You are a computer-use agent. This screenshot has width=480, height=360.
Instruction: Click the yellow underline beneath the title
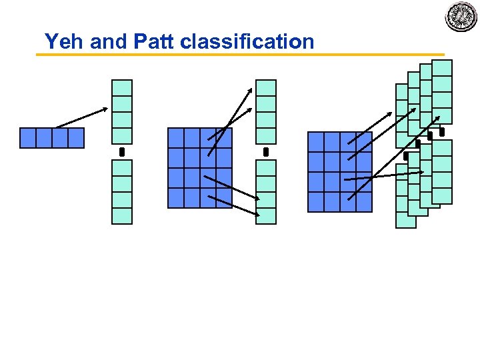pos(240,55)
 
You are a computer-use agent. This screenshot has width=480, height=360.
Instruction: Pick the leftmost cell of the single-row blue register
pos(27,138)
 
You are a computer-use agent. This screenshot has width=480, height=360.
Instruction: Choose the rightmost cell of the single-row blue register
pos(76,138)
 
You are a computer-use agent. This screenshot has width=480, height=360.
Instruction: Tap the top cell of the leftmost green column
pos(122,88)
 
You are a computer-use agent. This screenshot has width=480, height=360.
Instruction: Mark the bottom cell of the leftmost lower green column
pos(122,216)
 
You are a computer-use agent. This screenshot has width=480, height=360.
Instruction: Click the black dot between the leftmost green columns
pos(122,153)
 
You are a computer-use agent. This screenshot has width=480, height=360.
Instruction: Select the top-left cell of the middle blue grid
pos(175,138)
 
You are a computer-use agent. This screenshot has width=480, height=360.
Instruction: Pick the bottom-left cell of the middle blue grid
pos(175,198)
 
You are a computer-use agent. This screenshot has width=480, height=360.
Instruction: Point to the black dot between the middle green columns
pos(266,153)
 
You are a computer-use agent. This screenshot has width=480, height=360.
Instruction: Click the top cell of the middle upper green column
pos(266,88)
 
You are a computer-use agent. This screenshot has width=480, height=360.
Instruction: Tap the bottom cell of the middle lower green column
pos(266,216)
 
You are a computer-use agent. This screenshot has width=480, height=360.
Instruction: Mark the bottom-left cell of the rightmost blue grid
pos(315,202)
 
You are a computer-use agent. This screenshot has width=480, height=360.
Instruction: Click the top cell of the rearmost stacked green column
pos(442,68)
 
